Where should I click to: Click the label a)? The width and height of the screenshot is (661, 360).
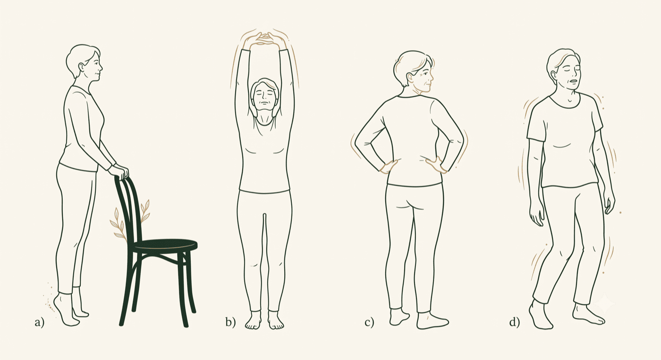tap(39, 322)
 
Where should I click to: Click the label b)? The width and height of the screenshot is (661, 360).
tap(230, 322)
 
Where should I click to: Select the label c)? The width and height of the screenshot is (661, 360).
tap(369, 322)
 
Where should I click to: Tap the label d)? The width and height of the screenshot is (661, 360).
tap(514, 322)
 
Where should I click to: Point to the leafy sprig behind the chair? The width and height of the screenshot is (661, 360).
tap(130, 220)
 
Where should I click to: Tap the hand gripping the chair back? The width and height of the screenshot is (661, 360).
tap(119, 172)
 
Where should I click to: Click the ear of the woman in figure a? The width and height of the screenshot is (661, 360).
tap(81, 68)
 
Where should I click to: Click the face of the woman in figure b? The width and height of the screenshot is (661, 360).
tap(264, 96)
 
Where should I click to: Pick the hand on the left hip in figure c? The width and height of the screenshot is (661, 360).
tap(388, 167)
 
